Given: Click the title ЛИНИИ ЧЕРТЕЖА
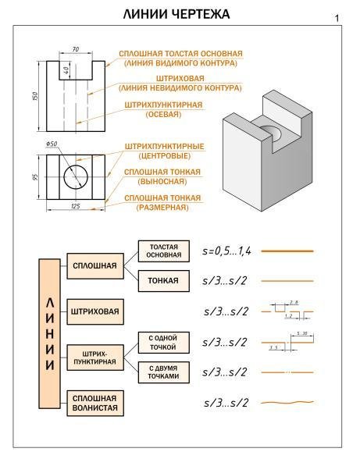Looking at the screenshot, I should coord(180,16).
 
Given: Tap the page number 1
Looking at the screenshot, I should coord(336,18).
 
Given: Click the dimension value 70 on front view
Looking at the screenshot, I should coord(75,50).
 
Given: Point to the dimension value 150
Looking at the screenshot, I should coord(35,95).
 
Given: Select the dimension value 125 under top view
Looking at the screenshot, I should coord(76,206).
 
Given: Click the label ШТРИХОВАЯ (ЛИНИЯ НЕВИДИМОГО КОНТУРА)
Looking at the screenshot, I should coord(180,83).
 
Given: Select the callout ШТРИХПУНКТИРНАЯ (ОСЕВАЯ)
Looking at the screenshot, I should coord(163,108).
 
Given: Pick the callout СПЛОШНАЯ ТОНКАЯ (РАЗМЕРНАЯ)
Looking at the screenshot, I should coord(163,202).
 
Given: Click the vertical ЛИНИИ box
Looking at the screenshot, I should coord(49,333).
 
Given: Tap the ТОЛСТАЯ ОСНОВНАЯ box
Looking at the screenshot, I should coord(163,250).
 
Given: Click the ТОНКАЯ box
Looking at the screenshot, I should coord(163,280).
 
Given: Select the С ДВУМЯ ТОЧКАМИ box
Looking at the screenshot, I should coord(163,372).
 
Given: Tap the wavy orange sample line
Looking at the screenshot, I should coord(287,403).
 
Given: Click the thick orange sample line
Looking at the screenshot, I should coord(287,251).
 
